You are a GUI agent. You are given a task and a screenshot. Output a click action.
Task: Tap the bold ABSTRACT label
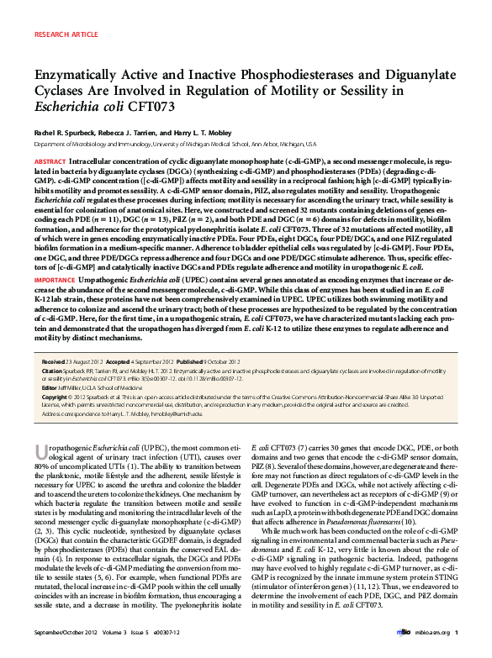click(51, 159)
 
